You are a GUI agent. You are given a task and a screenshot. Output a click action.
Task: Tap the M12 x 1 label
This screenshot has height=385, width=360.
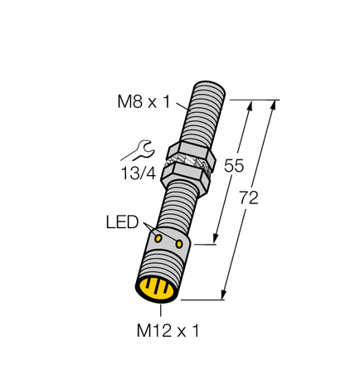point(166,331)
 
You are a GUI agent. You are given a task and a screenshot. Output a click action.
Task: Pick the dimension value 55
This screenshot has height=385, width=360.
point(236,166)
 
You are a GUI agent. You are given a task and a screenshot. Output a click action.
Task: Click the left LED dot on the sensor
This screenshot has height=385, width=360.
point(158,237)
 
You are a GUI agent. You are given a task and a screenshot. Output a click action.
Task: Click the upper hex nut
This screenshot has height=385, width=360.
point(192,154)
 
